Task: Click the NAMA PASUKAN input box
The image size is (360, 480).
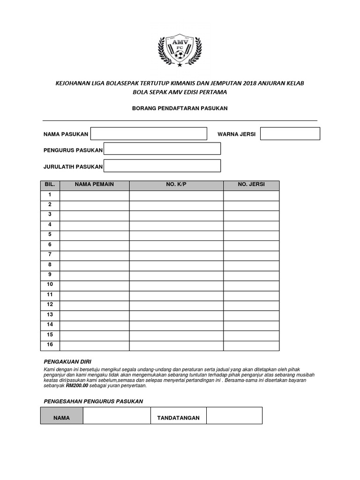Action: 149,134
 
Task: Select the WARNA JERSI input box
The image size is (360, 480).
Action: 290,134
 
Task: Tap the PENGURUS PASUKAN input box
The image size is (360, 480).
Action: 162,149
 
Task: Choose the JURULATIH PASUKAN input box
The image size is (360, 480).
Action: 162,166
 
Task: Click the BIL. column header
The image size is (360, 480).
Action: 50,185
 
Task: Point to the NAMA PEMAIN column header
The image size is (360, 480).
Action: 94,185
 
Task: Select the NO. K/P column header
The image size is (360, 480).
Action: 176,185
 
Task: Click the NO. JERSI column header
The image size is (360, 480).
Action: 251,185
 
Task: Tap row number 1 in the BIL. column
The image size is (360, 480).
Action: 50,195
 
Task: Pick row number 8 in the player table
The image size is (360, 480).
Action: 50,264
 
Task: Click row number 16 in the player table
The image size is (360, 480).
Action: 50,345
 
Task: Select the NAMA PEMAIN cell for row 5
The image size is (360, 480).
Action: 94,235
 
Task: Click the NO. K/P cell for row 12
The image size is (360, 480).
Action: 176,305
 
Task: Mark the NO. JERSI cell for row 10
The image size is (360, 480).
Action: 251,285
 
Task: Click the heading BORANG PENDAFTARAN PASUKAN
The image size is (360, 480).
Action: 180,108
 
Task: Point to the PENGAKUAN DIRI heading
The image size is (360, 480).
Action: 67,362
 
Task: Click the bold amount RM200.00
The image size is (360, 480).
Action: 77,386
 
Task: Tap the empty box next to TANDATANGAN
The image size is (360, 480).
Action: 234,416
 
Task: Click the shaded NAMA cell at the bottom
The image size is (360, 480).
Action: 61,416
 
